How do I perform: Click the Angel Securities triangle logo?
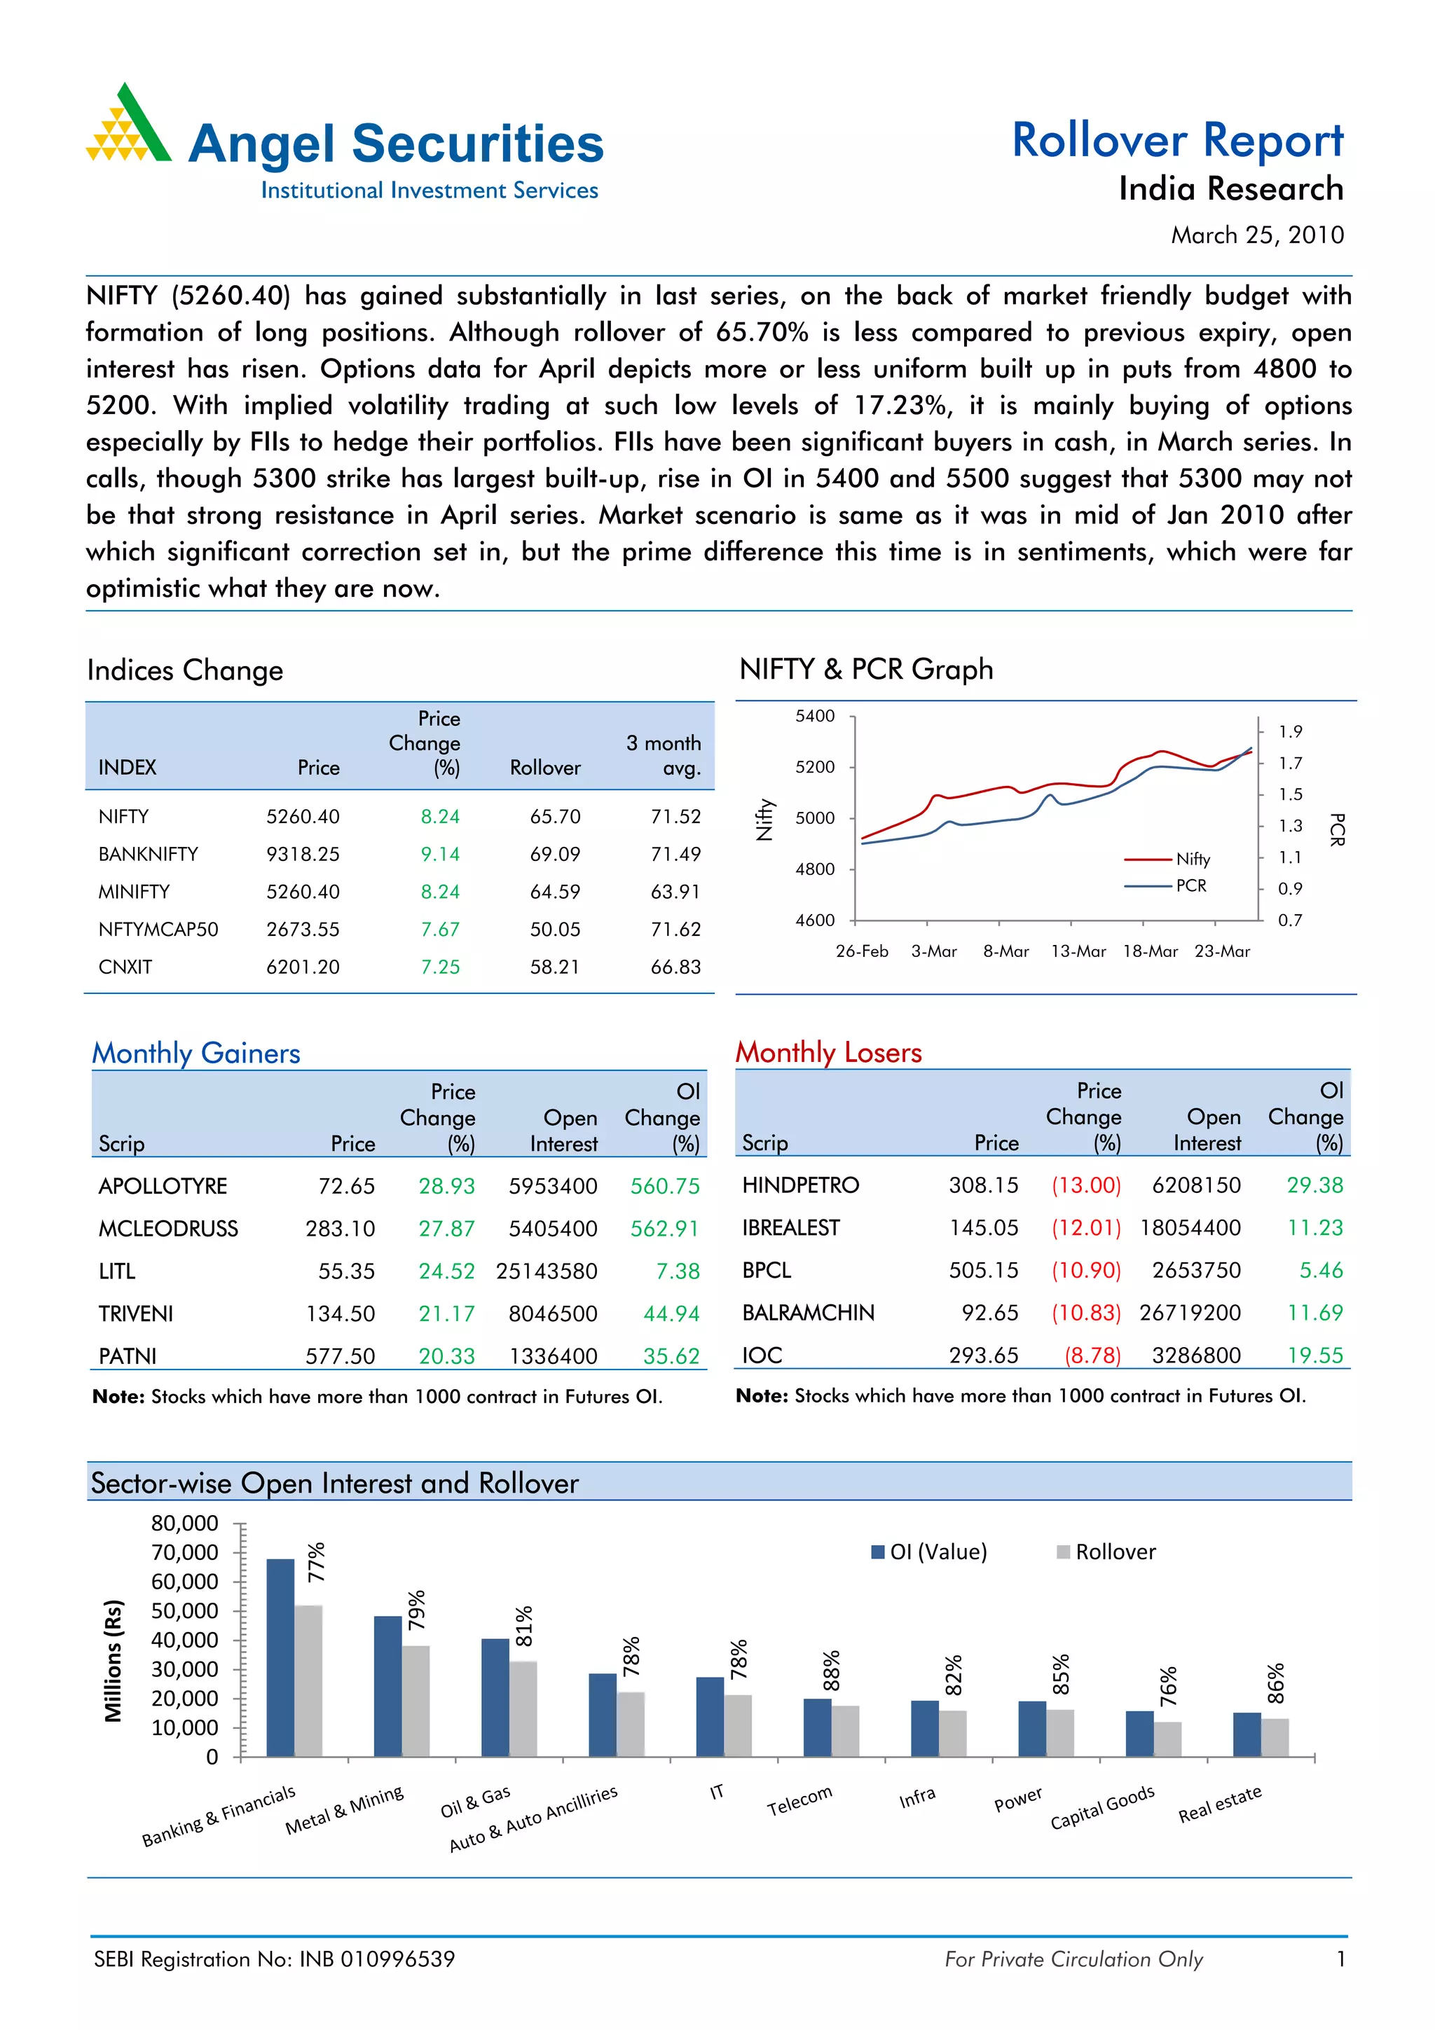(x=129, y=126)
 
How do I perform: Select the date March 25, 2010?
(x=1256, y=235)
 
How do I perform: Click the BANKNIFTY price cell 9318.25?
(x=303, y=854)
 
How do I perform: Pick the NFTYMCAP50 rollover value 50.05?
(x=554, y=930)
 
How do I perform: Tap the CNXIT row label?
(x=125, y=967)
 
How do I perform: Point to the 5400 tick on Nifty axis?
(x=814, y=716)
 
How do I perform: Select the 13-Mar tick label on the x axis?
(x=1078, y=951)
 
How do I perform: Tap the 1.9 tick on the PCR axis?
(x=1290, y=731)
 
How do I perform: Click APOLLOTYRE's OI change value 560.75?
(x=664, y=1186)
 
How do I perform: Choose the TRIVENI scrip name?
(x=135, y=1314)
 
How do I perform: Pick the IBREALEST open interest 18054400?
(x=1189, y=1228)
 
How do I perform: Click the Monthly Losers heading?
(x=828, y=1052)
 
